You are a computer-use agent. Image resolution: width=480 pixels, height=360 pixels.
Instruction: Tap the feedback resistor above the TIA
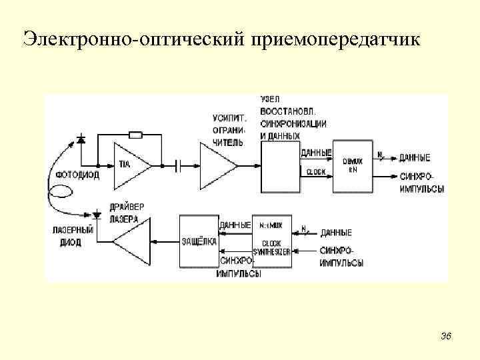click(135, 135)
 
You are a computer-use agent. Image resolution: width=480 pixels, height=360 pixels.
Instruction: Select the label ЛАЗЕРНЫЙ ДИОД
click(70, 237)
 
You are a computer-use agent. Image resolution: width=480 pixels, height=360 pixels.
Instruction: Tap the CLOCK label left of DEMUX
click(315, 172)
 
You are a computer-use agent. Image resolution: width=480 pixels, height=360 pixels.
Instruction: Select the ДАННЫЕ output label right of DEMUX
click(414, 158)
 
